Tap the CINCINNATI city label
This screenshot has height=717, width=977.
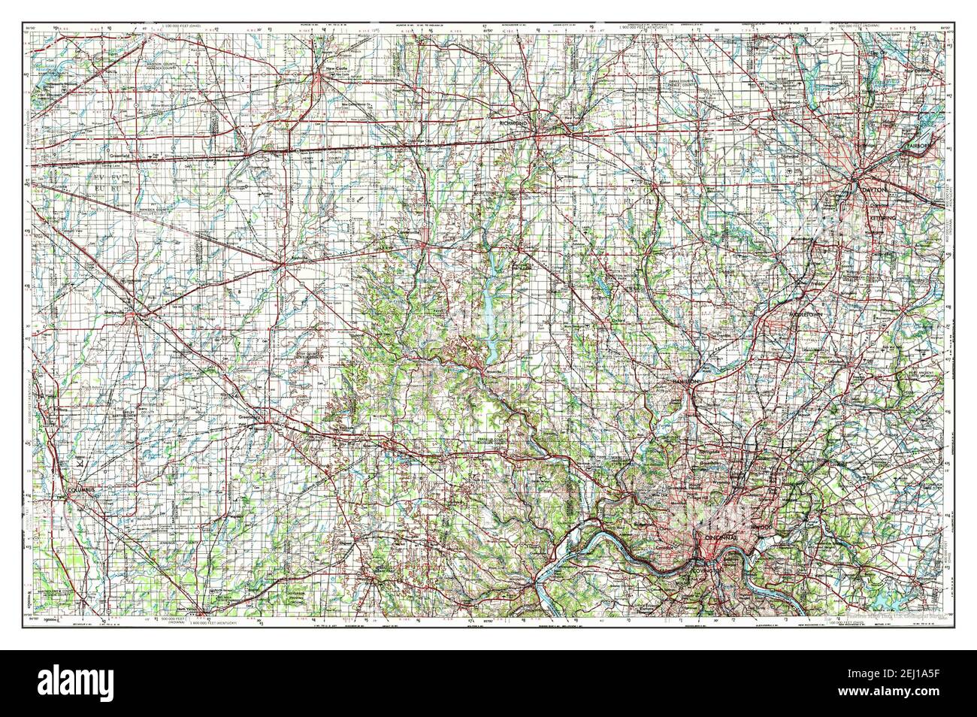tap(723, 540)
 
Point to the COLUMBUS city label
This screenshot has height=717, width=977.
tap(83, 490)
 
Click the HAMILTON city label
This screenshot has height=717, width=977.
tap(686, 383)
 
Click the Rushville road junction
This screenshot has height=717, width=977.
tap(283, 263)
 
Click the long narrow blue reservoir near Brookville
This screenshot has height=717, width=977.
tap(489, 301)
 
